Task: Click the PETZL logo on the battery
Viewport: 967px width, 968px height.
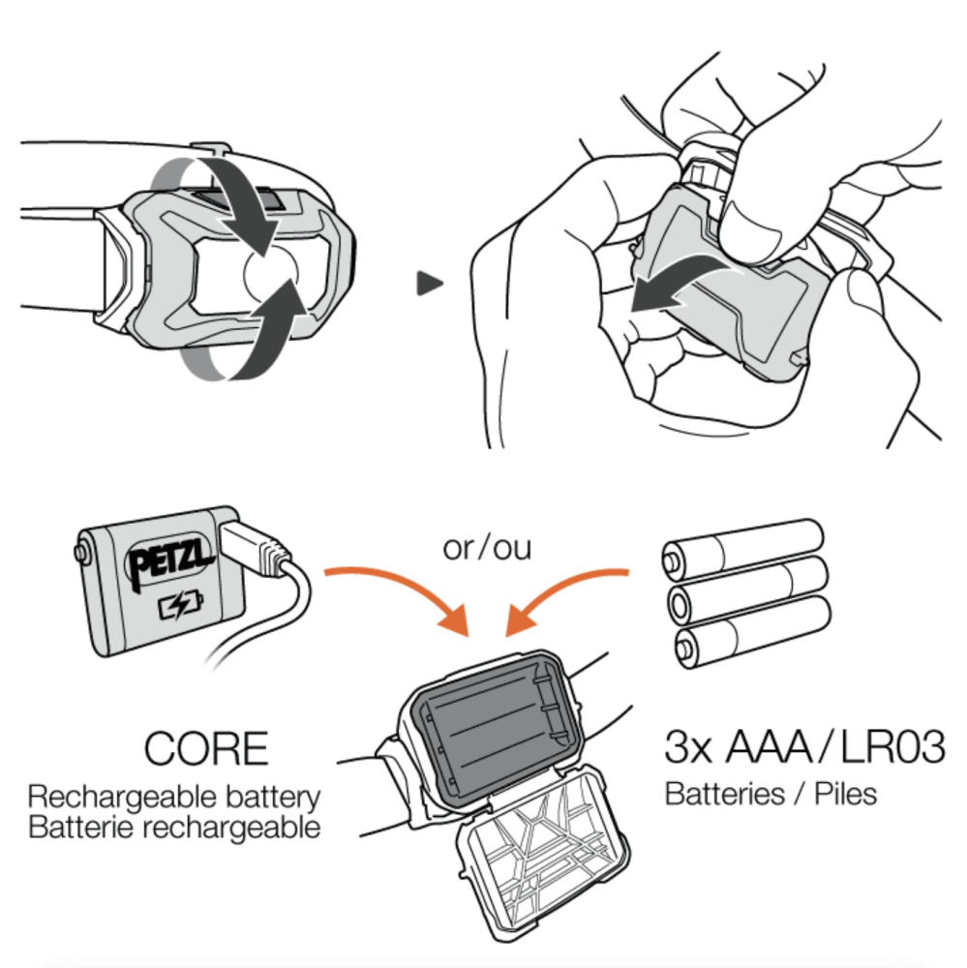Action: click(169, 560)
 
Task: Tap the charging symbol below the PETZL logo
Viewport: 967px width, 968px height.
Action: click(180, 606)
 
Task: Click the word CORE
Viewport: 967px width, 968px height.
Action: click(206, 748)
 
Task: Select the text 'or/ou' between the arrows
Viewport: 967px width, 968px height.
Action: click(487, 548)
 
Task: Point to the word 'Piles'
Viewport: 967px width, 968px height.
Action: click(846, 794)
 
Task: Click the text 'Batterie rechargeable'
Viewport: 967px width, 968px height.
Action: click(174, 828)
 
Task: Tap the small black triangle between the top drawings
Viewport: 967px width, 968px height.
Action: click(430, 284)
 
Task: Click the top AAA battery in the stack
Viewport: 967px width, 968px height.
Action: click(742, 550)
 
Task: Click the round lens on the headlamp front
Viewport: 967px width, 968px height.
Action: click(271, 274)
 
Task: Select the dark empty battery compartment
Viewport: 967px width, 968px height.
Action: click(494, 725)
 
